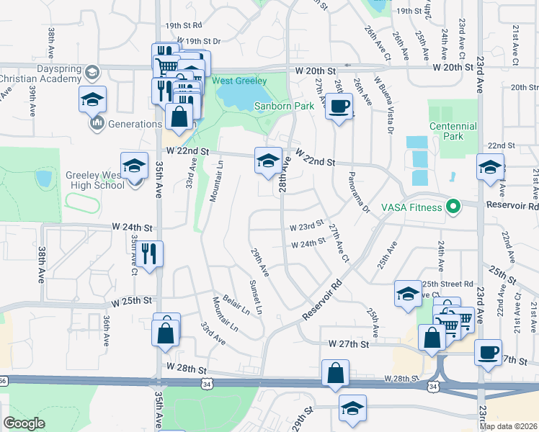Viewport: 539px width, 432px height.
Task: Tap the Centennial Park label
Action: click(453, 131)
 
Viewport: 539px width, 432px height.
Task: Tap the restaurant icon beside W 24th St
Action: click(149, 253)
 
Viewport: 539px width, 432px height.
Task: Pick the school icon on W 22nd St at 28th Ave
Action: click(267, 161)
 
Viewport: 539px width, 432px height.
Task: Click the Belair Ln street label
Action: click(235, 305)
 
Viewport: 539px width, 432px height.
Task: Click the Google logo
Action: click(24, 423)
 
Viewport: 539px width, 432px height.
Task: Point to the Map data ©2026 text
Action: click(508, 426)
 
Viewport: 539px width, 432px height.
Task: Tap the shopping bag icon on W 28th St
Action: click(336, 374)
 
